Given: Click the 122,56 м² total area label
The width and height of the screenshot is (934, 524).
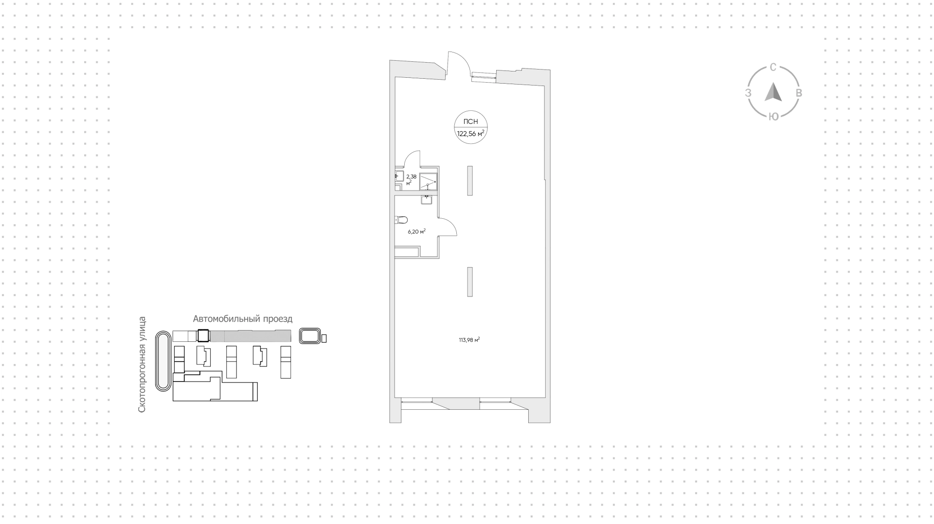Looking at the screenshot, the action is [x=470, y=133].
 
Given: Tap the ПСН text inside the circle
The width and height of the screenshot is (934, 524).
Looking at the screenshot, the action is [x=470, y=122].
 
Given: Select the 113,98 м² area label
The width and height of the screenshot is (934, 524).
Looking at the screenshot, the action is [x=469, y=340].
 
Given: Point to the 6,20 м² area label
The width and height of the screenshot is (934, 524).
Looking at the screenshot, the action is [x=416, y=231].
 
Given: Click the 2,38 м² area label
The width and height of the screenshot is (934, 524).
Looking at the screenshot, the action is [x=411, y=180].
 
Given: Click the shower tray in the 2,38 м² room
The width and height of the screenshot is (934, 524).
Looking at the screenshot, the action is [x=428, y=181].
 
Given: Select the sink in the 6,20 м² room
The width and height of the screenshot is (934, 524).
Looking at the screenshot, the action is [x=427, y=198].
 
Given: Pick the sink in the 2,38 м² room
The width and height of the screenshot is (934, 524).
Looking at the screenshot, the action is [x=398, y=177].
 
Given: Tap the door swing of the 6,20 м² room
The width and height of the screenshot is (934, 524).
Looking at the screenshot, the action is [x=448, y=227].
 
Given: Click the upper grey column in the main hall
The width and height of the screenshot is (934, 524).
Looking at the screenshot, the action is [x=470, y=181].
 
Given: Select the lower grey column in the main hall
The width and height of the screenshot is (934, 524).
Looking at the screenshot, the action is [x=470, y=281].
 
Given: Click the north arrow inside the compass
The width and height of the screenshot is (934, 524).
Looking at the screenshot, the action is [x=773, y=92].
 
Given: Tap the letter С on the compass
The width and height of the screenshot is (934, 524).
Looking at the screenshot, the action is [x=772, y=68].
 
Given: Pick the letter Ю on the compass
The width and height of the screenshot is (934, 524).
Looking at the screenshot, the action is [x=773, y=116].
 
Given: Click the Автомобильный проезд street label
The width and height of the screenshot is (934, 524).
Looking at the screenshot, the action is [x=243, y=319].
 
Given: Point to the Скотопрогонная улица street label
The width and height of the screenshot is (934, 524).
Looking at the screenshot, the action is [x=142, y=365].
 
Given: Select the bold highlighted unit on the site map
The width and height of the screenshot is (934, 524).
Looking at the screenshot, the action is [x=202, y=336].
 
